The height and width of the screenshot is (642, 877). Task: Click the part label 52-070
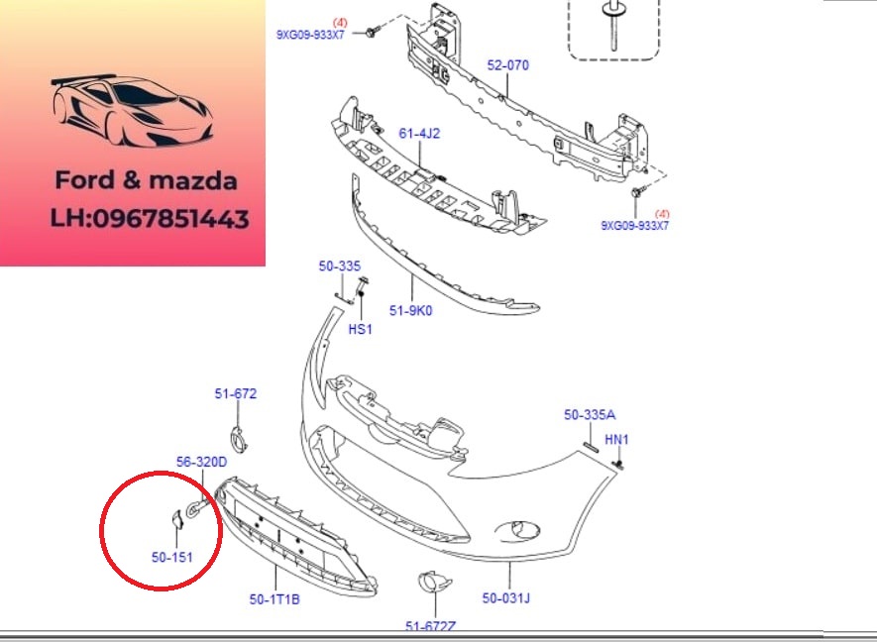[507, 65]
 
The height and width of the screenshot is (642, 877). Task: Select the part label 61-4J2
[419, 134]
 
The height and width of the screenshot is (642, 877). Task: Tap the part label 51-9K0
[410, 310]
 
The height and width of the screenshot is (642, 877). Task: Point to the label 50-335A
[590, 415]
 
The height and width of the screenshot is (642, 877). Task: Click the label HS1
[360, 329]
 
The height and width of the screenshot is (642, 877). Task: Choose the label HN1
[616, 440]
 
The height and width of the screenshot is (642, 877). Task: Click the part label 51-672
[236, 393]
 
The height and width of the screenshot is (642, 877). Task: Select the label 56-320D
[202, 462]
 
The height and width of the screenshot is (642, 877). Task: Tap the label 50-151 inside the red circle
[172, 557]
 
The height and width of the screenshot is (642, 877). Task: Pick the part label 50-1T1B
[274, 599]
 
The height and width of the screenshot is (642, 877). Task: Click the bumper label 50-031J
[506, 598]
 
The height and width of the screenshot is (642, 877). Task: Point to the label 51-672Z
[430, 627]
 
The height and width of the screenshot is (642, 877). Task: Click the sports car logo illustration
[132, 110]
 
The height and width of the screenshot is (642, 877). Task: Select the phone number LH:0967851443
[150, 219]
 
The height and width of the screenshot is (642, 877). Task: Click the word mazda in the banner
[193, 180]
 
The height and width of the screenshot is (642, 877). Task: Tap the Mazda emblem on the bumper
[517, 531]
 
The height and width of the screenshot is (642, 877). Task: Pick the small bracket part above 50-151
[176, 519]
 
